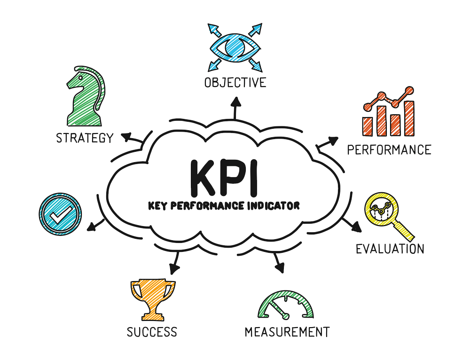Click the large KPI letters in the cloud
click(225, 178)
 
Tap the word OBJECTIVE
click(235, 83)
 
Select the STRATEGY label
click(85, 138)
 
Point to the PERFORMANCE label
click(389, 150)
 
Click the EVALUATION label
click(390, 249)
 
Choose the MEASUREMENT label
click(287, 331)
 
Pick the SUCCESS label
click(152, 332)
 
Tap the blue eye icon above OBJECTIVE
click(235, 47)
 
